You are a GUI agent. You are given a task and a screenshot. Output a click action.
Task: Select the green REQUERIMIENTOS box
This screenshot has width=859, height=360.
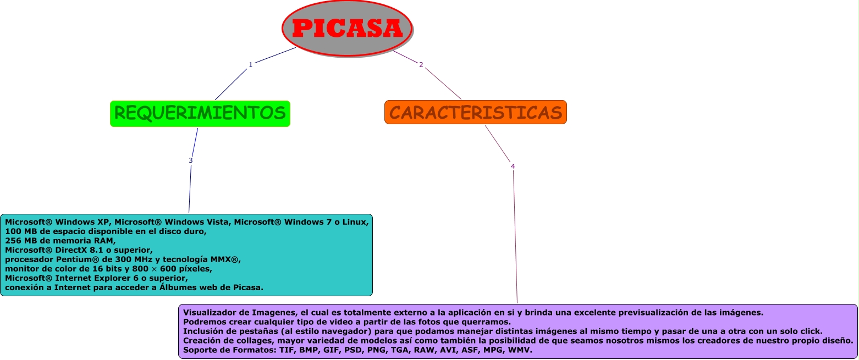click(200, 113)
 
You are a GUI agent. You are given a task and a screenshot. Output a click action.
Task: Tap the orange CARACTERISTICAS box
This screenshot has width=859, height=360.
click(476, 112)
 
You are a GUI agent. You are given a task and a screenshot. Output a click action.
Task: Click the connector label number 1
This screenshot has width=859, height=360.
click(251, 64)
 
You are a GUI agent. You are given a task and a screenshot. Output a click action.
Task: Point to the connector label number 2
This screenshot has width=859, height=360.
click(421, 65)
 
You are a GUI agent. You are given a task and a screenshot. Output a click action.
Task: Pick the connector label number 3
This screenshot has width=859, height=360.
click(191, 160)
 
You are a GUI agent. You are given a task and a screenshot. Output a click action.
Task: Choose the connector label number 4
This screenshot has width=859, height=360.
click(513, 166)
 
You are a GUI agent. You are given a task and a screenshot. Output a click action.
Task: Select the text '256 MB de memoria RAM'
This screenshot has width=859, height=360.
click(60, 240)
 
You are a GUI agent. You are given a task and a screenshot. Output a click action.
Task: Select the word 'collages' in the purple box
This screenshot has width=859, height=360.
click(235, 340)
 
